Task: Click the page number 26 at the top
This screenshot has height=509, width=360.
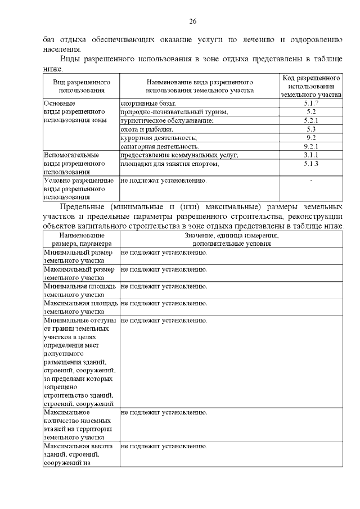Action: (x=192, y=21)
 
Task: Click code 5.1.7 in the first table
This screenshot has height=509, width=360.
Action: (x=311, y=103)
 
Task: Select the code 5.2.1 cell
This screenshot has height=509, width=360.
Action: (x=311, y=120)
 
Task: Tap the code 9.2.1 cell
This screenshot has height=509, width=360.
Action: (x=311, y=146)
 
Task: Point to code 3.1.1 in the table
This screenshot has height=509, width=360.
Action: (x=311, y=155)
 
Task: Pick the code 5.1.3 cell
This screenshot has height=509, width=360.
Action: (x=311, y=164)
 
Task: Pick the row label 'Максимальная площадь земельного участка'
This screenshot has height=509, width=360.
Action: (x=80, y=307)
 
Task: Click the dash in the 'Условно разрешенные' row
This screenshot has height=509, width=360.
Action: (x=311, y=181)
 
